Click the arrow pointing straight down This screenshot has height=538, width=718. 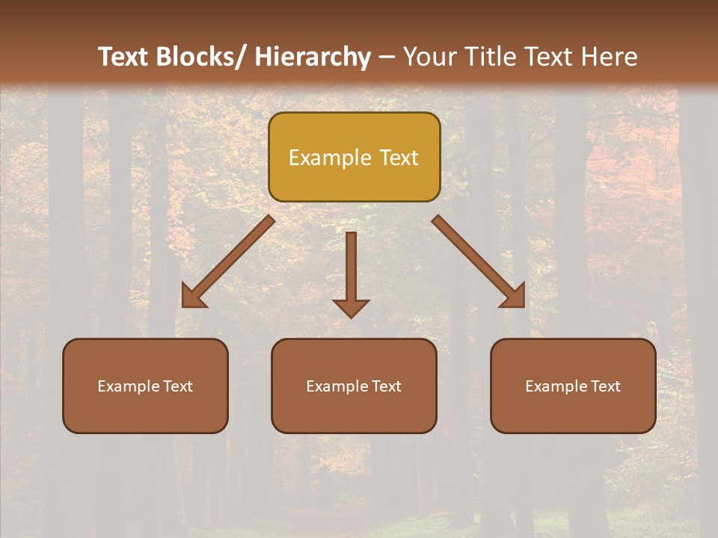click(x=351, y=273)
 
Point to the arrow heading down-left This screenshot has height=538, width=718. click(x=228, y=262)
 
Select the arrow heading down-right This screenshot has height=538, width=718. click(x=479, y=262)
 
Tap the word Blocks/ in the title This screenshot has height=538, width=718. click(x=198, y=57)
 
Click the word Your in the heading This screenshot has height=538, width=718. click(x=429, y=57)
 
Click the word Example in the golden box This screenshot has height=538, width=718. click(x=330, y=158)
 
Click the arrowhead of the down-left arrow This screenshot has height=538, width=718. click(x=192, y=297)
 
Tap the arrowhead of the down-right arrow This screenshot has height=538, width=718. click(x=515, y=297)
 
